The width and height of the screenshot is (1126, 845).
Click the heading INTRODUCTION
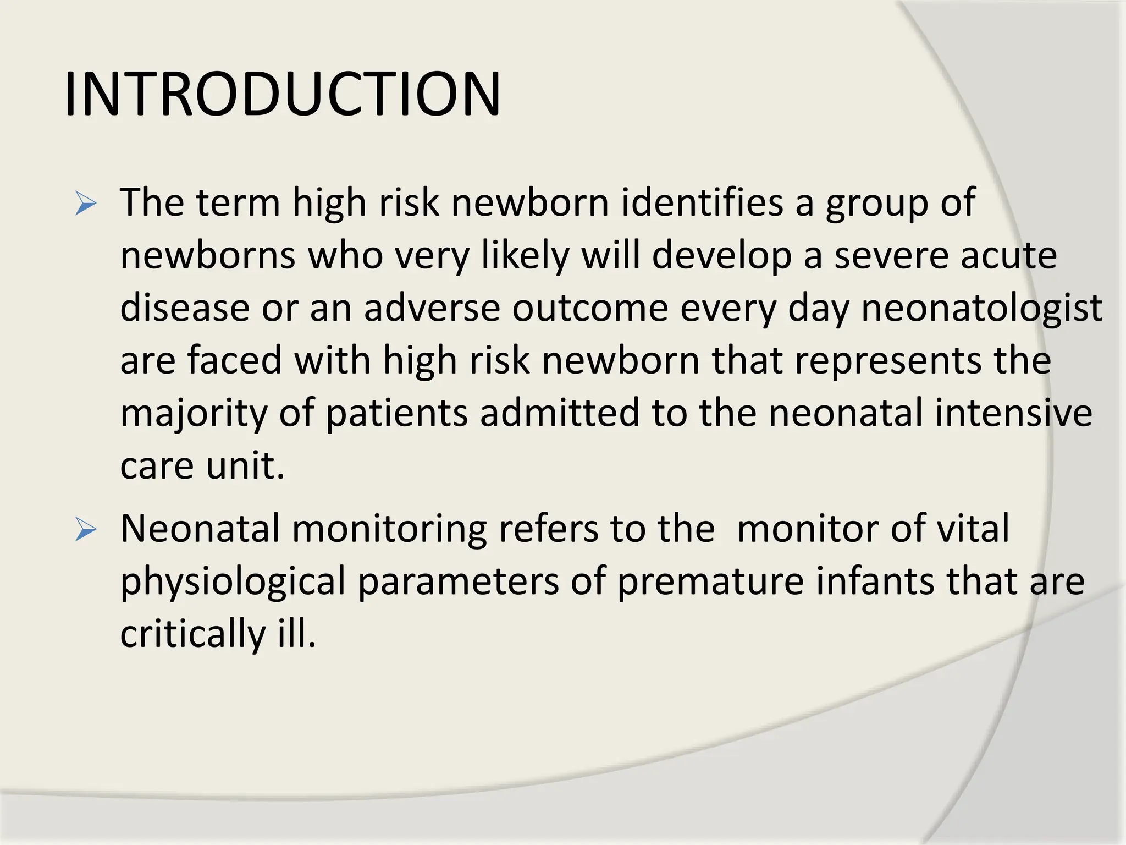click(282, 94)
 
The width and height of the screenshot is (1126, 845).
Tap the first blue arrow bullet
click(86, 204)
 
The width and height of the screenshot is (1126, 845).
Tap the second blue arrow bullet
click(86, 530)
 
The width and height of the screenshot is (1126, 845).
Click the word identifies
click(702, 202)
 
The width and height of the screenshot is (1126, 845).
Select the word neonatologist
click(981, 308)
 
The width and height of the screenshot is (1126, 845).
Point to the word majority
click(193, 414)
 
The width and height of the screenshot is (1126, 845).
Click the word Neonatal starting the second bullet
click(200, 528)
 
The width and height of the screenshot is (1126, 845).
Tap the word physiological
click(233, 582)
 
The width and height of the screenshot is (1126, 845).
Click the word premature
click(710, 581)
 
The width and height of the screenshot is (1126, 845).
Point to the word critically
click(193, 634)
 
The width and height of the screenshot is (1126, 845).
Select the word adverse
click(432, 308)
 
